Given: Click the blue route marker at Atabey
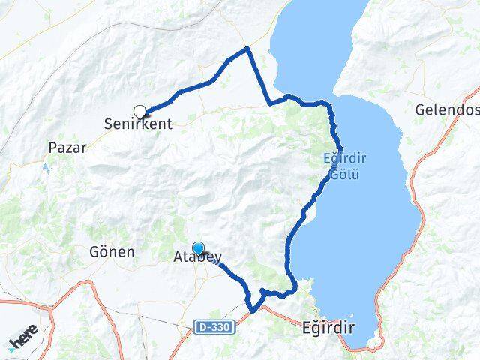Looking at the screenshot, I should click(x=198, y=248).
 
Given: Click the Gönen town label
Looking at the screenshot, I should click(x=111, y=252).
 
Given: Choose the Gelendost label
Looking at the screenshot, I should click(x=447, y=110).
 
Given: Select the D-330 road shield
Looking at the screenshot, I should click(x=214, y=327).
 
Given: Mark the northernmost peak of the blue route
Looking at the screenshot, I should click(x=247, y=49).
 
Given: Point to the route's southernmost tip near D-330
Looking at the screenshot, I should click(x=253, y=310).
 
